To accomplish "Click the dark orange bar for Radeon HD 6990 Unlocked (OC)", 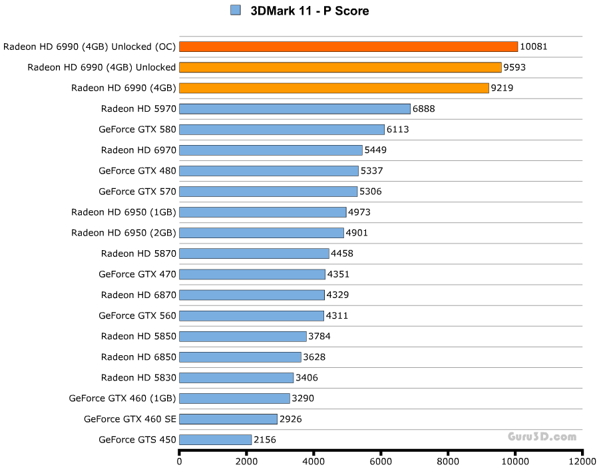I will tap(348, 47).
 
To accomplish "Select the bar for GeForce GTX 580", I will tap(282, 130).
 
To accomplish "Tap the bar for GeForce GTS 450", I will tap(215, 440).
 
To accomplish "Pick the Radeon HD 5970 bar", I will tap(295, 109).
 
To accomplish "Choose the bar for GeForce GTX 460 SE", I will tap(228, 419).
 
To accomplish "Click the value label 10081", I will tap(534, 47).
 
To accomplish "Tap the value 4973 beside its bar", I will tap(359, 212).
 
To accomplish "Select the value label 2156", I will tap(265, 440).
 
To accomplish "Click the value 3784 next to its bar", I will tap(319, 336).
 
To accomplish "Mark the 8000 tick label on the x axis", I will tap(448, 461).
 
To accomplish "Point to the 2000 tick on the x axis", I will tap(246, 461).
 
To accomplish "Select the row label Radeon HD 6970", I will tap(138, 150).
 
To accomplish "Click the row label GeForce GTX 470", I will tap(137, 274).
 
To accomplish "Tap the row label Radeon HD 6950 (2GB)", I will tap(124, 233).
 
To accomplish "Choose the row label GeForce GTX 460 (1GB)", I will tap(122, 398).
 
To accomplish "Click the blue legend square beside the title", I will tap(235, 10).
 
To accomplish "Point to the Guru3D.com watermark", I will tap(542, 436).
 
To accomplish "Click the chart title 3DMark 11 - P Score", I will tap(309, 11).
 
